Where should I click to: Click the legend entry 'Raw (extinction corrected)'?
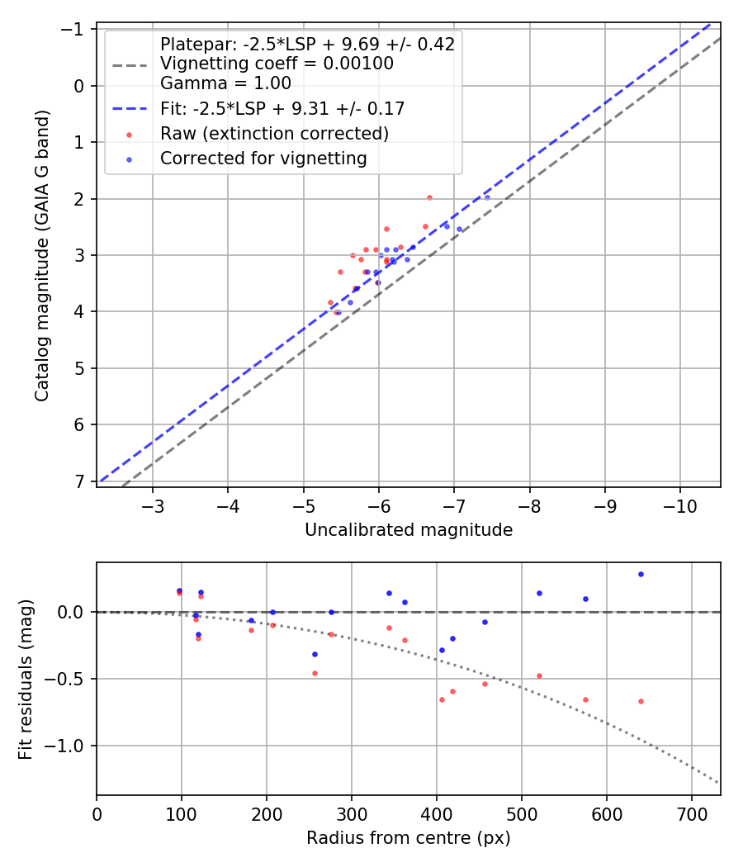coord(274,133)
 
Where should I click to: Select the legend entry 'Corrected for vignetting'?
coord(263,158)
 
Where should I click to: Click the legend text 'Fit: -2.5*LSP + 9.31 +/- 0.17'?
coord(282,108)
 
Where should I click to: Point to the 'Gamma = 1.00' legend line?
coord(225,83)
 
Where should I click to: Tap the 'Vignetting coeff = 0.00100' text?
coord(277,64)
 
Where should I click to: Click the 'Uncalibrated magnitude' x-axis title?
coord(409,530)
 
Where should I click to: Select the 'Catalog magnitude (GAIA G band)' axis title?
coord(42,257)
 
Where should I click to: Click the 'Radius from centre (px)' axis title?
coord(409,838)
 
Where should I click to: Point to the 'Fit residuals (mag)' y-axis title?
coord(26,679)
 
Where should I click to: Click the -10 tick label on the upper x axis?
coord(679,505)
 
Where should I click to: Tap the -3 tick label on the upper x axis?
coord(153,505)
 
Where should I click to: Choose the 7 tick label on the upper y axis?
coord(80,481)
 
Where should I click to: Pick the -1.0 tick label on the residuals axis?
coord(69,746)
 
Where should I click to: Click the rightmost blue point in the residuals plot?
coord(641,574)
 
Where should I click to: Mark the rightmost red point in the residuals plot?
coord(641,701)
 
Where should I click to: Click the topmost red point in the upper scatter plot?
coord(429,197)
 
